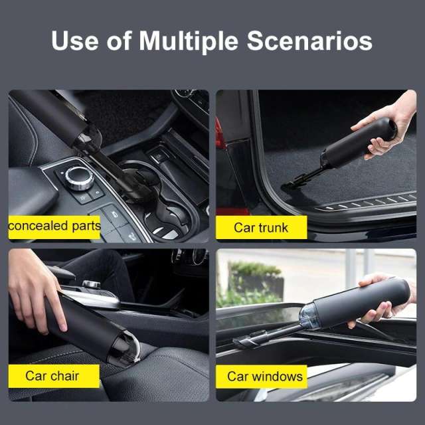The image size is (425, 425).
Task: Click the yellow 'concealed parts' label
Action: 54,226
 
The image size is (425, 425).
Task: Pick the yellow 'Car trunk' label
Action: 261,228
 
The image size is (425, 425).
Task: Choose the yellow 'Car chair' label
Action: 52,376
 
